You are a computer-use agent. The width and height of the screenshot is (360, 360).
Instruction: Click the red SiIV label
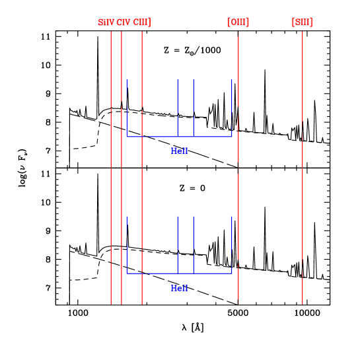(x=106, y=22)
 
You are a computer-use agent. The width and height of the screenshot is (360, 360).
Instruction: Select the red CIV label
(x=124, y=22)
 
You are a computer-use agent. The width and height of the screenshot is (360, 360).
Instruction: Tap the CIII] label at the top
(x=142, y=22)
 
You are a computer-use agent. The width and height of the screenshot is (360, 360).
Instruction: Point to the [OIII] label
(x=238, y=22)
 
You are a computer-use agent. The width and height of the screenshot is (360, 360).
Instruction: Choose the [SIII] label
(x=303, y=22)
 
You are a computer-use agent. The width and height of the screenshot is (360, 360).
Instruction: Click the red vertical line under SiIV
(x=111, y=198)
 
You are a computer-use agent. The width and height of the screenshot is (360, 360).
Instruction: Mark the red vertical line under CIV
(x=122, y=198)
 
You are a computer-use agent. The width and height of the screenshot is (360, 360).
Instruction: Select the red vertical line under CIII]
(x=142, y=198)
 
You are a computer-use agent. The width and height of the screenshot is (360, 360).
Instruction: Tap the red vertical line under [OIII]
(x=238, y=198)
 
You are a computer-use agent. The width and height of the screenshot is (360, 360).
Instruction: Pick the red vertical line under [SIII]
(x=303, y=198)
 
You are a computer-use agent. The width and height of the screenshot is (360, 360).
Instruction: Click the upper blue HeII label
(x=180, y=151)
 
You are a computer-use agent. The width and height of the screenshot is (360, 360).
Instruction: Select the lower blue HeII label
(x=180, y=289)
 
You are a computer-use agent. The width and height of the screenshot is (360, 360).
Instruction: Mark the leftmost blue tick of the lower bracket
(x=127, y=231)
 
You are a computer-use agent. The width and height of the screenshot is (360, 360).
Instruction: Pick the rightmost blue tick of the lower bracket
(x=232, y=231)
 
